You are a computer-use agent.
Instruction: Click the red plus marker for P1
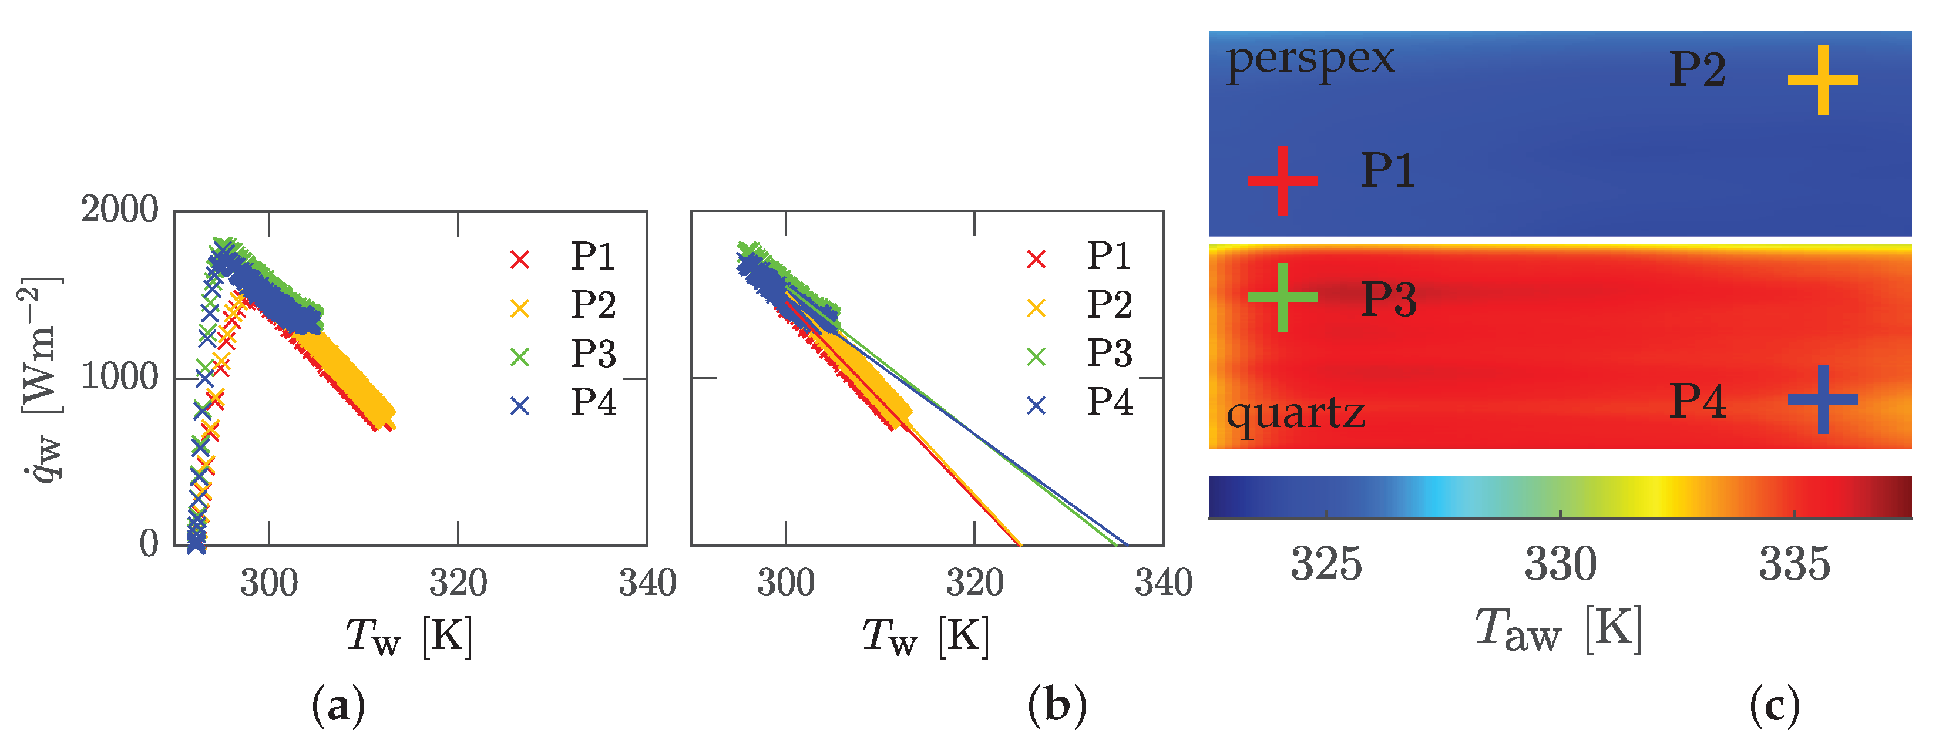pos(1282,180)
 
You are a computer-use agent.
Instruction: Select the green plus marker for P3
pos(1282,298)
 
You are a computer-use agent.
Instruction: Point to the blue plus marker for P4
pos(1822,399)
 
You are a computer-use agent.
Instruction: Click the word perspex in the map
pos(1310,60)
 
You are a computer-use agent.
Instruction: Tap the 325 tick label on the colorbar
pos(1326,564)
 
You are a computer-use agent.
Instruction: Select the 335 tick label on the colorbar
pos(1794,564)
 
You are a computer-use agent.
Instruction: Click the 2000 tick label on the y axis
pos(120,209)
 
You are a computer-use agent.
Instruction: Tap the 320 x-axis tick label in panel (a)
pos(458,583)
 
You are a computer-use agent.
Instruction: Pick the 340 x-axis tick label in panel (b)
pos(1163,583)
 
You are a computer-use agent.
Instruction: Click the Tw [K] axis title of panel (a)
pos(409,637)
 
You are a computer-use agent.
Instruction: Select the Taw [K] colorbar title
pos(1558,630)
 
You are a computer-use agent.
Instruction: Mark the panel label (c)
pos(1774,705)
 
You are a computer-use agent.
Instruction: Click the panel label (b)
pos(1057,705)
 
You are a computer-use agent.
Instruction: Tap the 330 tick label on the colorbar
pos(1560,564)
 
